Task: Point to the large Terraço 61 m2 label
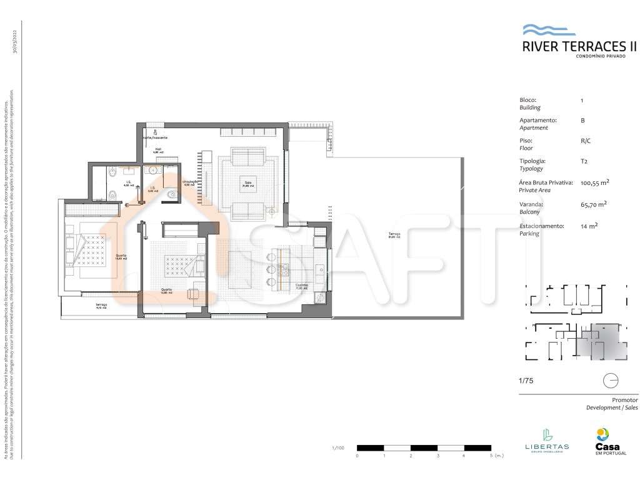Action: tap(394, 236)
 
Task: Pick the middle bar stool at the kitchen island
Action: tap(272, 269)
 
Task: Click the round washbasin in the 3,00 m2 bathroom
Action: tap(152, 170)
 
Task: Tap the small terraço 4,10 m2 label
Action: tap(101, 306)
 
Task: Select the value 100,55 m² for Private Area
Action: tap(595, 183)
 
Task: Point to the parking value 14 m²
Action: tap(589, 226)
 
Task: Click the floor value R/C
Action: tap(585, 141)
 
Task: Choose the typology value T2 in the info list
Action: tap(584, 161)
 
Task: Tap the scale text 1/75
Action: tap(526, 380)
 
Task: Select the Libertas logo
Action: tap(546, 439)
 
